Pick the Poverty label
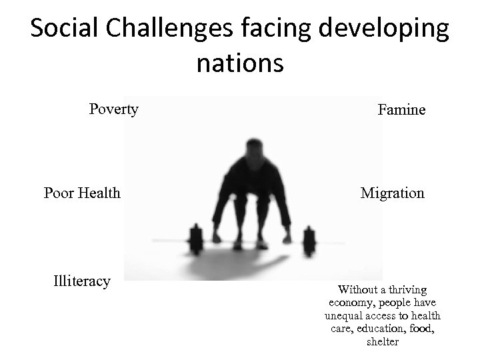click(114, 109)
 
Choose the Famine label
click(401, 110)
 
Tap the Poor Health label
click(82, 193)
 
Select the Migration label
click(392, 193)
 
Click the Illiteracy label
click(81, 281)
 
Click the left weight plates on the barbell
click(196, 238)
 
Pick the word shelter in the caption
click(383, 341)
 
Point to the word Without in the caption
click(357, 290)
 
